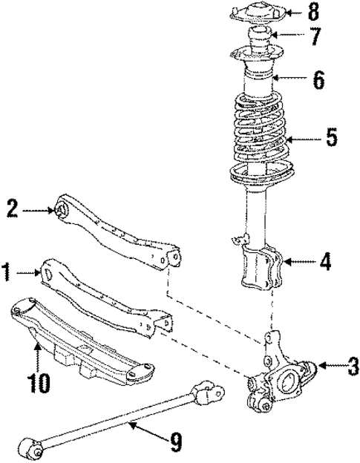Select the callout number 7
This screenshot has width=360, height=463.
336,36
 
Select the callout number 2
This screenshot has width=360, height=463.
12,208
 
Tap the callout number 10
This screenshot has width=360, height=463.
39,382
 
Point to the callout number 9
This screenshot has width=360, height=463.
175,444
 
